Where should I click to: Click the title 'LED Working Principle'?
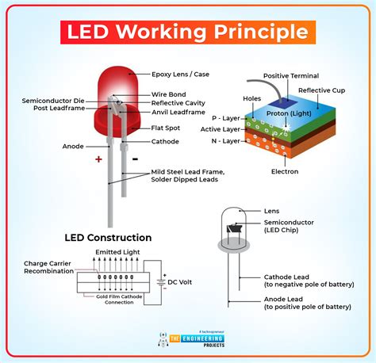187,32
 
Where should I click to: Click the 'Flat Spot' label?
167,127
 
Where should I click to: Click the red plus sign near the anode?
99,159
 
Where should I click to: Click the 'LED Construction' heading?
109,237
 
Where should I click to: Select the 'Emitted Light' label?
116,253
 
